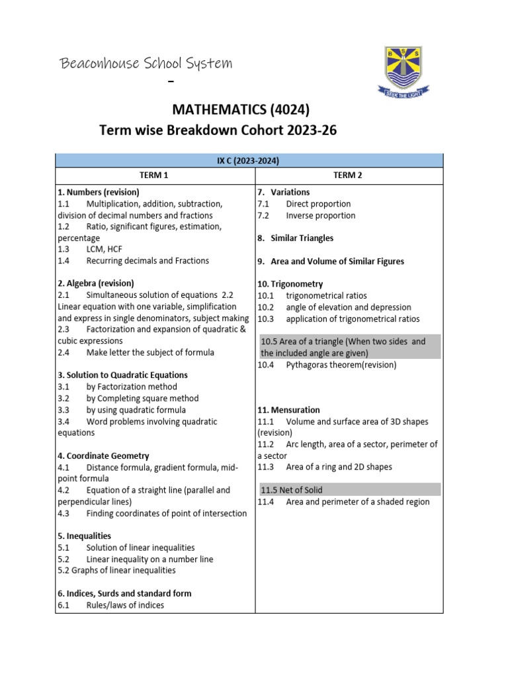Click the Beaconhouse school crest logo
pyautogui.click(x=402, y=72)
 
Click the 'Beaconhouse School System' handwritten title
pyautogui.click(x=146, y=64)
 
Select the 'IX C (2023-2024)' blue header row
pyautogui.click(x=249, y=160)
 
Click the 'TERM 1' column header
pyautogui.click(x=155, y=175)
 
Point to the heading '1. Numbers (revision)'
pyautogui.click(x=99, y=192)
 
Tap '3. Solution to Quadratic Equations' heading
pyautogui.click(x=122, y=375)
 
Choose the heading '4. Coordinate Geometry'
pyautogui.click(x=103, y=456)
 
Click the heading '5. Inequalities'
pyautogui.click(x=84, y=536)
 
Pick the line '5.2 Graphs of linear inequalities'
pyautogui.click(x=116, y=570)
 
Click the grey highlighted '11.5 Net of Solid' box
pyautogui.click(x=349, y=490)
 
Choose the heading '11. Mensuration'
pyautogui.click(x=289, y=410)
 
